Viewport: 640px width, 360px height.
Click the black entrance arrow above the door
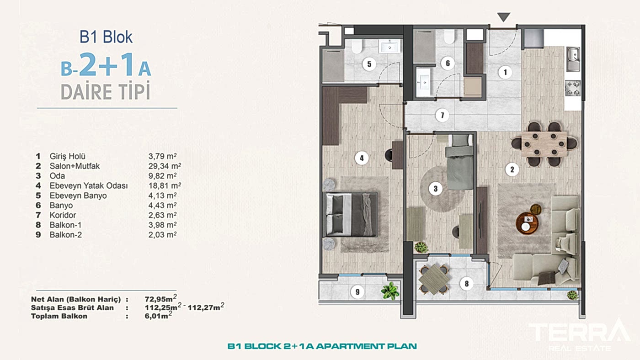[503, 16]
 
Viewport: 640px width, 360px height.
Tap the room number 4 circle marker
[362, 158]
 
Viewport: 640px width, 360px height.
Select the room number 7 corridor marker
[443, 115]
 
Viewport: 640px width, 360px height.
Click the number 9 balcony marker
[357, 292]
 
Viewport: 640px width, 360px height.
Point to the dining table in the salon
[544, 144]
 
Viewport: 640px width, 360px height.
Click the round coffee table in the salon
[527, 223]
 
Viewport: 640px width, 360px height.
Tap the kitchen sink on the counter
[573, 59]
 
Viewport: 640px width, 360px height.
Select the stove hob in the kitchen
[573, 88]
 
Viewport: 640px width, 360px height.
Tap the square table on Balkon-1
[434, 279]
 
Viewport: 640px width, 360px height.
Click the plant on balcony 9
[390, 291]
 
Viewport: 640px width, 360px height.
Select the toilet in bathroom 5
[357, 46]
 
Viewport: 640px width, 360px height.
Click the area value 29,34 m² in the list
[165, 166]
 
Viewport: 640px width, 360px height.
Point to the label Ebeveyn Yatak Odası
[89, 185]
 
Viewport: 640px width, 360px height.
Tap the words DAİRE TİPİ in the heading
[106, 91]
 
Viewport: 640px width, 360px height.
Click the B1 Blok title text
[106, 37]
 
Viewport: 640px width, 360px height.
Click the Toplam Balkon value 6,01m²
[158, 315]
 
